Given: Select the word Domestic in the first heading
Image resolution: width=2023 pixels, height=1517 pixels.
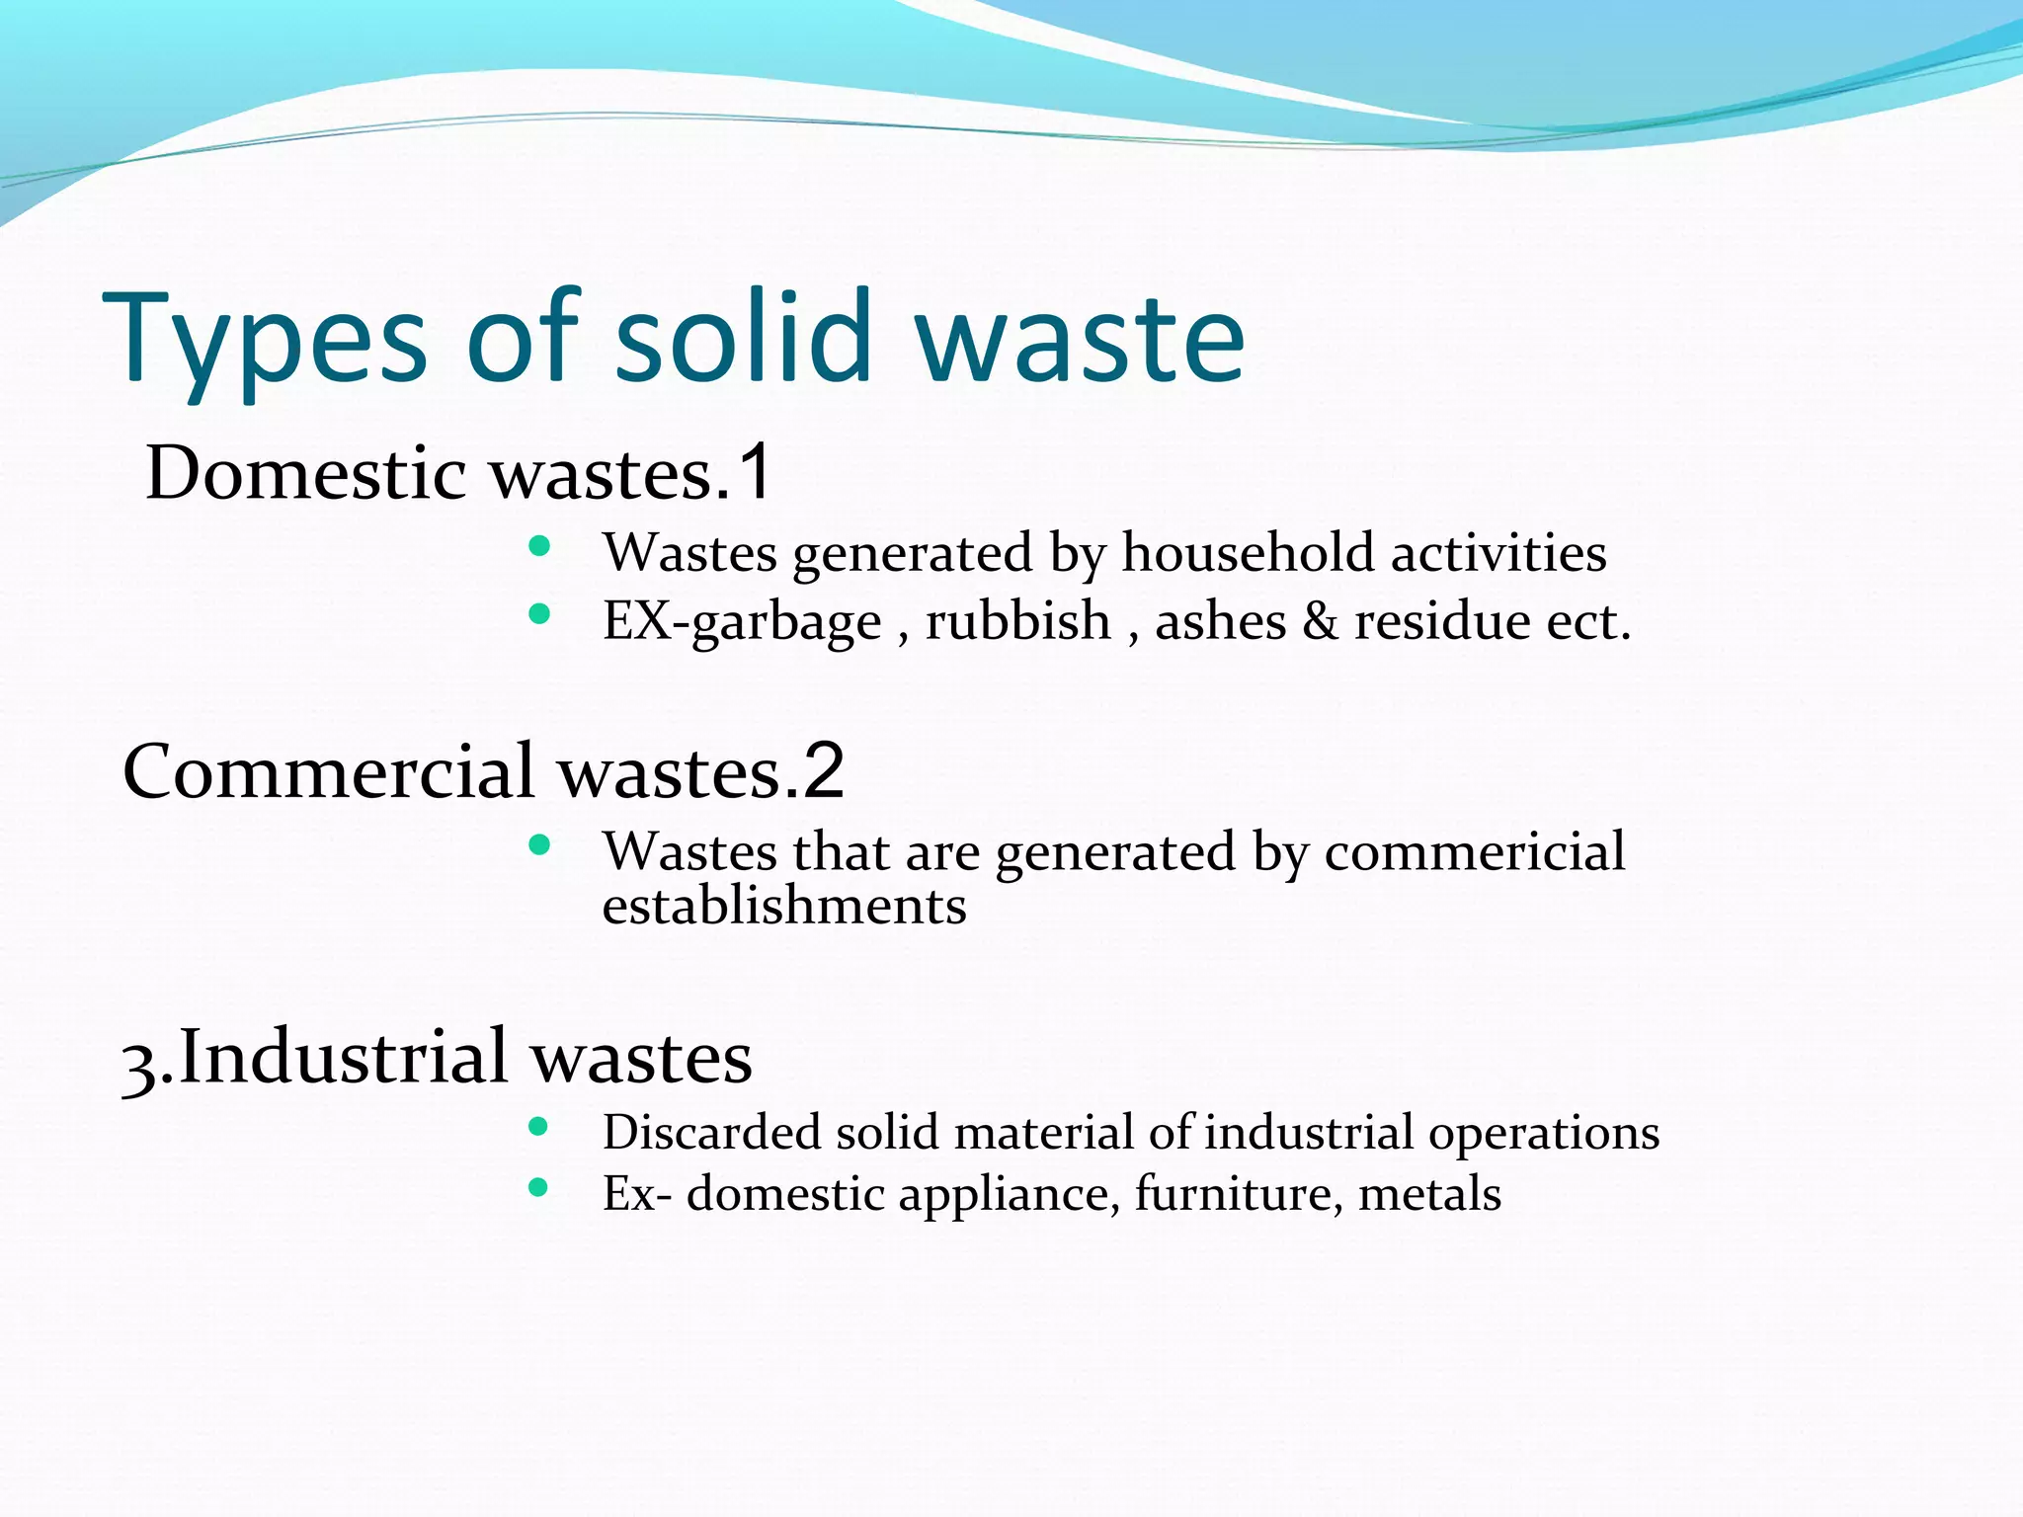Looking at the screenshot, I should click(x=306, y=473).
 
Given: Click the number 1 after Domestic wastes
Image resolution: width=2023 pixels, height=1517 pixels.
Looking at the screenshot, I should click(x=756, y=473).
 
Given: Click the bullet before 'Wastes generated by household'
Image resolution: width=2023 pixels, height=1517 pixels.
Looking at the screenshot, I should click(x=539, y=546).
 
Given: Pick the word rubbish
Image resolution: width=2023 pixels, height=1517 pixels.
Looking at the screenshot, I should click(x=1018, y=621).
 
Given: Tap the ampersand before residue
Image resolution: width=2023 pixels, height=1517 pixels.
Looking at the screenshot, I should click(x=1321, y=621).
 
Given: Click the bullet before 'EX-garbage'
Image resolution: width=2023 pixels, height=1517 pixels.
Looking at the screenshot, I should click(x=539, y=614).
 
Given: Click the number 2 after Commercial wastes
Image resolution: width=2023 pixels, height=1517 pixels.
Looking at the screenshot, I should click(x=824, y=771).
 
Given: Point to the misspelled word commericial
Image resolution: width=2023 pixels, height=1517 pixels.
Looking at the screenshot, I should click(x=1474, y=851).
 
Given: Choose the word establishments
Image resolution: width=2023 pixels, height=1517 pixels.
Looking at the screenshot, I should click(x=784, y=907).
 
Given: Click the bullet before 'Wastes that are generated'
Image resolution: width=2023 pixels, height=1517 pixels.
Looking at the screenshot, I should click(x=539, y=844).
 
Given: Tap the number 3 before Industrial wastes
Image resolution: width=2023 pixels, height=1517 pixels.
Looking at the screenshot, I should click(x=137, y=1063).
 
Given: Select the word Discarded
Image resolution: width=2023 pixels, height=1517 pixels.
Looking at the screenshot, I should click(x=711, y=1132).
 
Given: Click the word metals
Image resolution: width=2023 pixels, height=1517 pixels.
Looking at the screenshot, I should click(x=1429, y=1193).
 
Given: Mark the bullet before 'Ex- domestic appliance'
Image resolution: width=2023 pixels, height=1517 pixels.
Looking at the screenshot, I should click(x=538, y=1187).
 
